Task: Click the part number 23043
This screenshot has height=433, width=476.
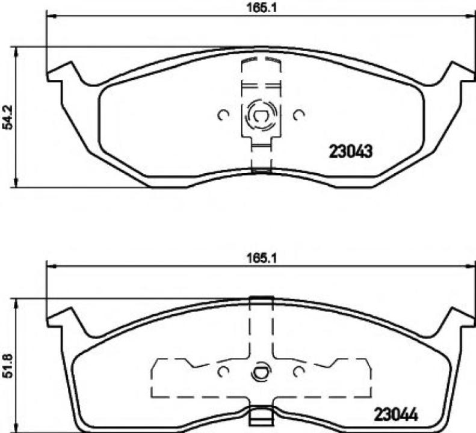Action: click(351, 151)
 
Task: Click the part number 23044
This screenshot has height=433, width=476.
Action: click(395, 414)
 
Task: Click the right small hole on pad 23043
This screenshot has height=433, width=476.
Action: click(298, 114)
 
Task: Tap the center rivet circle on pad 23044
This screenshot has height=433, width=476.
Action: click(260, 371)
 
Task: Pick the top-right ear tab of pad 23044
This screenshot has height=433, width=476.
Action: click(456, 318)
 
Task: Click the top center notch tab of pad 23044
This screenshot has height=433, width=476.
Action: click(260, 302)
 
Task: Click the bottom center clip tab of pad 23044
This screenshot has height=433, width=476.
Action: click(260, 415)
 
